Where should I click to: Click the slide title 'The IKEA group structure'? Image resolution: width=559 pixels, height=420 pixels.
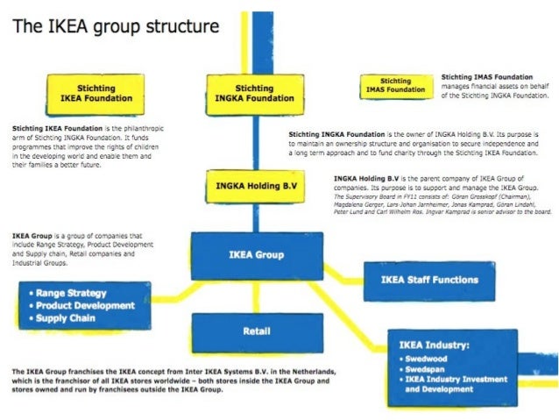(114, 25)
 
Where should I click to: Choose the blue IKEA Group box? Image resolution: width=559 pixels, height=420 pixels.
(256, 254)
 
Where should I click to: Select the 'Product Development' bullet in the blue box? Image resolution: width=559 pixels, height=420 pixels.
(86, 306)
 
